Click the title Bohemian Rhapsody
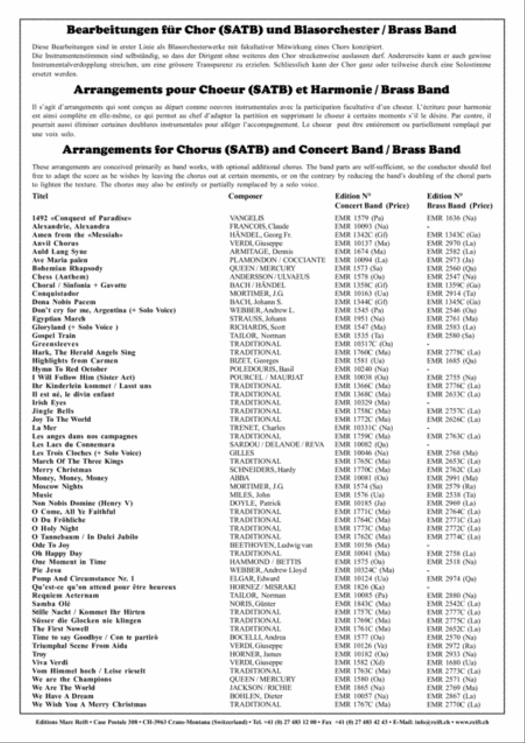point(68,268)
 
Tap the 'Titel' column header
point(40,197)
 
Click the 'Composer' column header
point(245,197)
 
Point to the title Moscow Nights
point(57,486)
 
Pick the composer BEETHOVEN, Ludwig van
point(271,545)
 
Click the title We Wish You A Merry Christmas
point(89,705)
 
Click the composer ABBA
point(239,478)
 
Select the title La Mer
point(44,427)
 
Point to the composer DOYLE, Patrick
point(256,503)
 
